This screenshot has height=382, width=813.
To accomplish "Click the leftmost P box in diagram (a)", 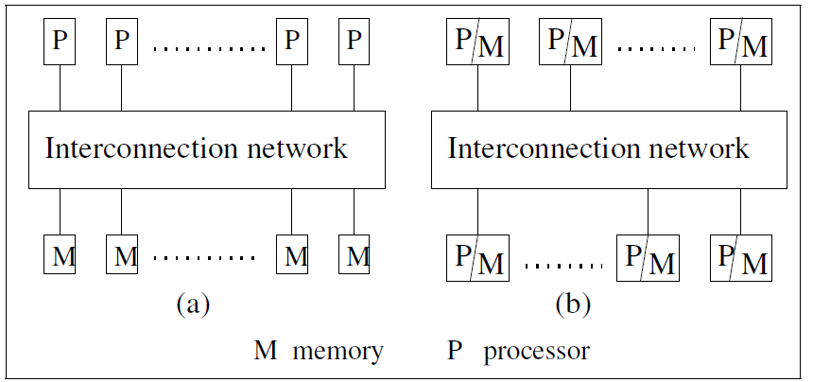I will coord(61,42).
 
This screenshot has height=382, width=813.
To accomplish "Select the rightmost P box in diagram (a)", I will coord(354,42).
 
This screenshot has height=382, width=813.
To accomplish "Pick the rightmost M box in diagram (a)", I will coord(355,255).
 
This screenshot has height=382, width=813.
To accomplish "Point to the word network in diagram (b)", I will coord(697,148).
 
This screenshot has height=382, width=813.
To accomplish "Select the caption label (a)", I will coord(193,304).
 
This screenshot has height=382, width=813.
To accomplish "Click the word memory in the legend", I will coord(337,353).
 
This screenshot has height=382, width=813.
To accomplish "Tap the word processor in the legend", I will coord(536,353).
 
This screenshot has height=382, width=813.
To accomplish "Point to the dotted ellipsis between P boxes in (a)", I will coord(210,46).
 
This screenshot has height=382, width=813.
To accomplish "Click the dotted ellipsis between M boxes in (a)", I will coord(205,257).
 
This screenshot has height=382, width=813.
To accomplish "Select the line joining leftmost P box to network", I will coord(61,88).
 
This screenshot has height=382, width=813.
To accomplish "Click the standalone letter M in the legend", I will coord(265,353).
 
